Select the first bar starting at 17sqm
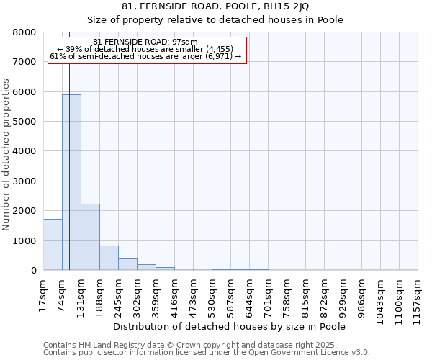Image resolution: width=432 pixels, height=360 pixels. pos(53,245)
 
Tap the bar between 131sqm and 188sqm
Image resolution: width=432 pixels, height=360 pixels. pos(90,237)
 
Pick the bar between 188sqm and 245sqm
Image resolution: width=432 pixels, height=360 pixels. pos(109,258)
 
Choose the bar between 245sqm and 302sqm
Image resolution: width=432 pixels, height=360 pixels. pos(127,264)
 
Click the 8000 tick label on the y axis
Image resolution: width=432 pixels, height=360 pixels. pos(24,32)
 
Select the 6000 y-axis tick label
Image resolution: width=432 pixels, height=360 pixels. pos(24,92)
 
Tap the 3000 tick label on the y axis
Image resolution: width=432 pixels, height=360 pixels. pos(24,181)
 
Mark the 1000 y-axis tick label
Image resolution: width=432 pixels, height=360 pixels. pos(24,240)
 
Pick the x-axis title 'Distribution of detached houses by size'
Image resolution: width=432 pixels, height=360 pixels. pos(230,326)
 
